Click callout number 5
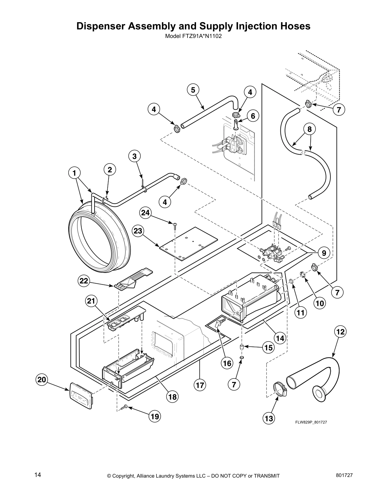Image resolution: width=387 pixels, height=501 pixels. click(193, 90)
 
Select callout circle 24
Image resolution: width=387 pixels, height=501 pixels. click(145, 213)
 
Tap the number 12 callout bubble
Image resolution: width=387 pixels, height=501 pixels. click(340, 332)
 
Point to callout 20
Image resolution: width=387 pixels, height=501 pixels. click(42, 380)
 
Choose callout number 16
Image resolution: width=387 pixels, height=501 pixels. click(227, 363)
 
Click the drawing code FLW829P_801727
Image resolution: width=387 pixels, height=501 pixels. click(309, 422)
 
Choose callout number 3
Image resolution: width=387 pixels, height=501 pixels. click(134, 156)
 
